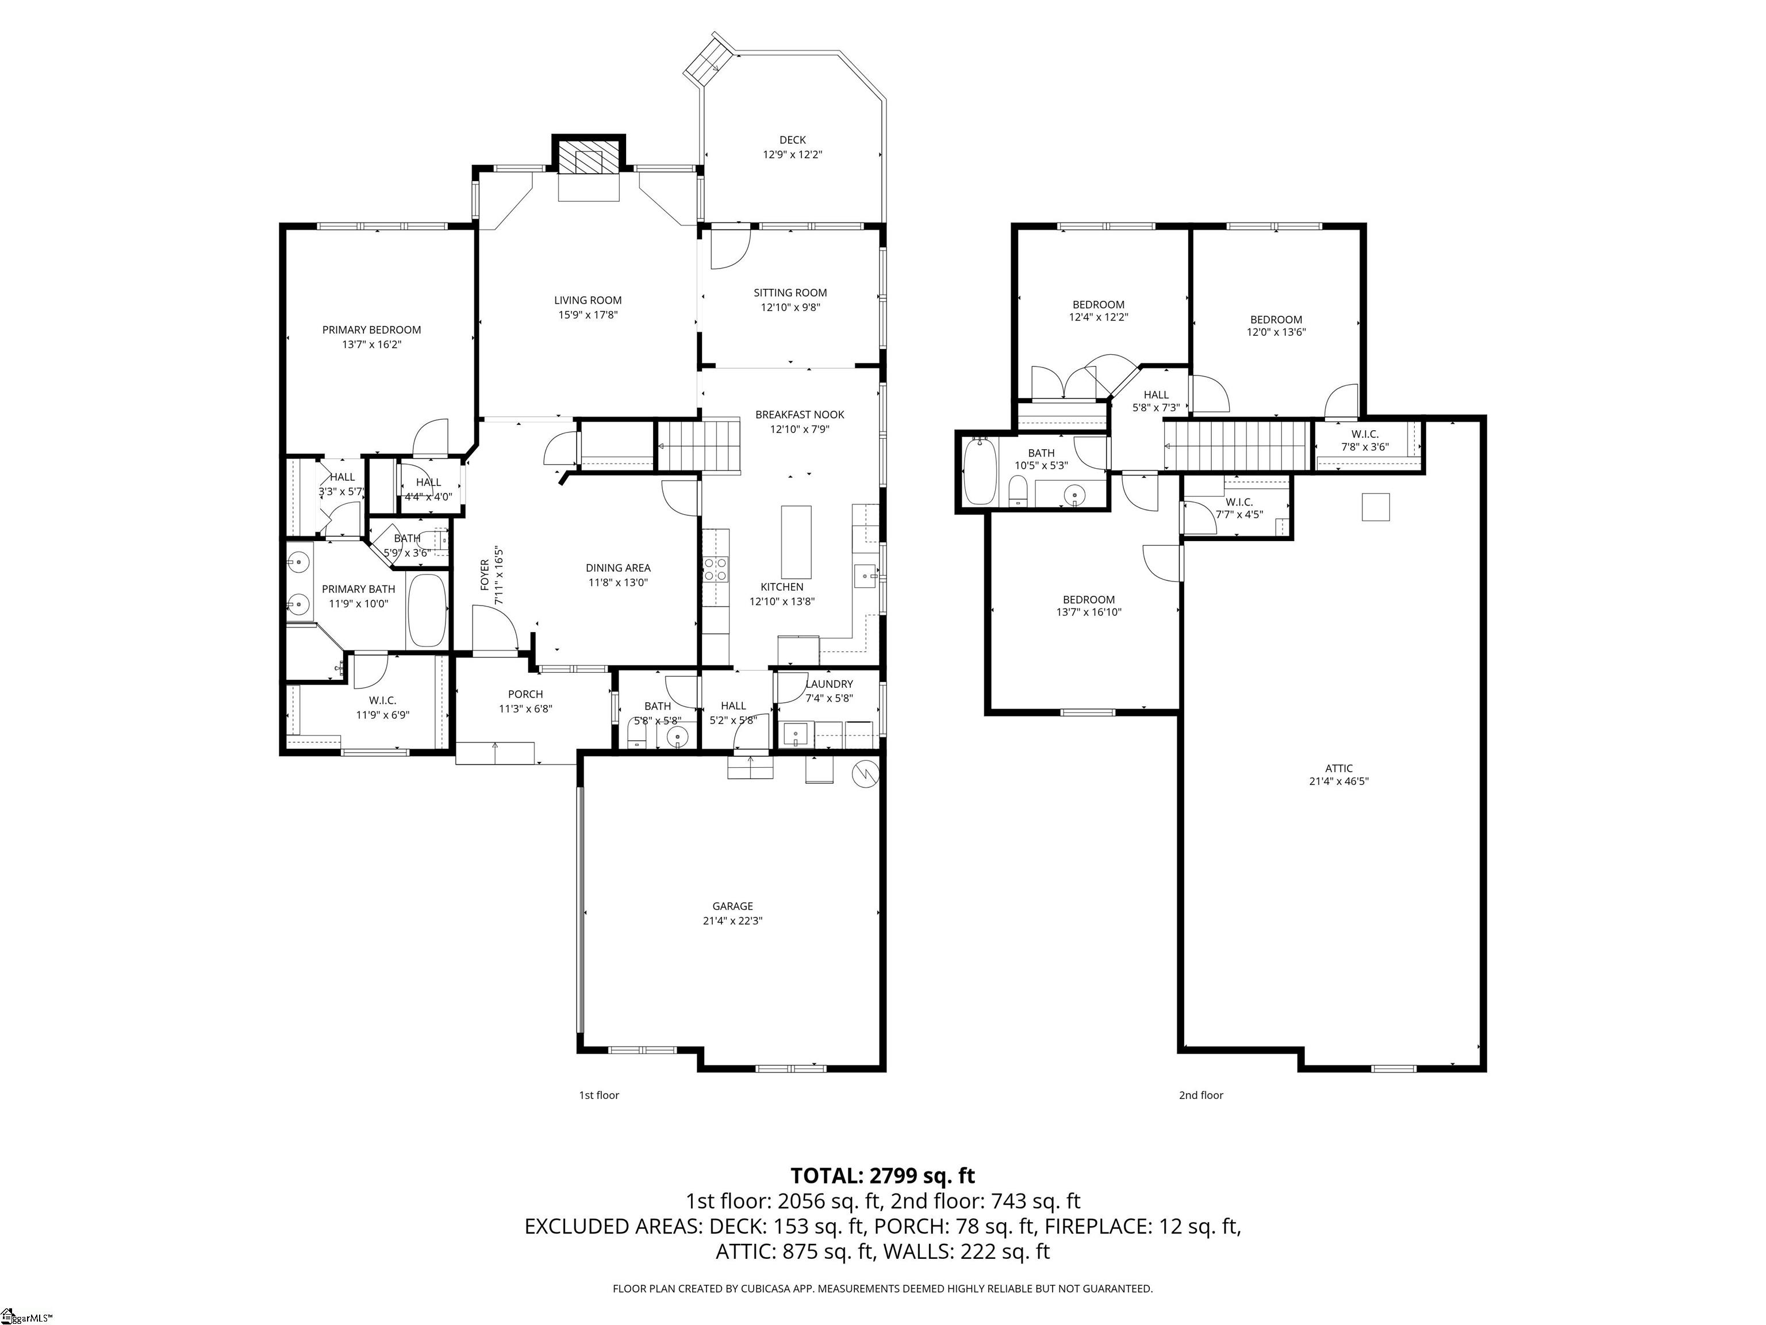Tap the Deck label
coord(792,140)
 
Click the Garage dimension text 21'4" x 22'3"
coord(732,920)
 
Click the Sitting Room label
coord(790,292)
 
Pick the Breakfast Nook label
coord(799,415)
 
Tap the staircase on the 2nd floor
coord(1238,446)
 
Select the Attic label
coord(1339,768)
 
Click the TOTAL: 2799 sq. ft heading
coord(882,1175)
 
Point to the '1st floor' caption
coord(599,1095)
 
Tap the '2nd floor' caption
coord(1201,1095)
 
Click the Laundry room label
coord(829,684)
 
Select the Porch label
coord(525,694)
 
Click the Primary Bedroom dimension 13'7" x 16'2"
coord(371,344)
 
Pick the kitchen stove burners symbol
coord(715,569)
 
